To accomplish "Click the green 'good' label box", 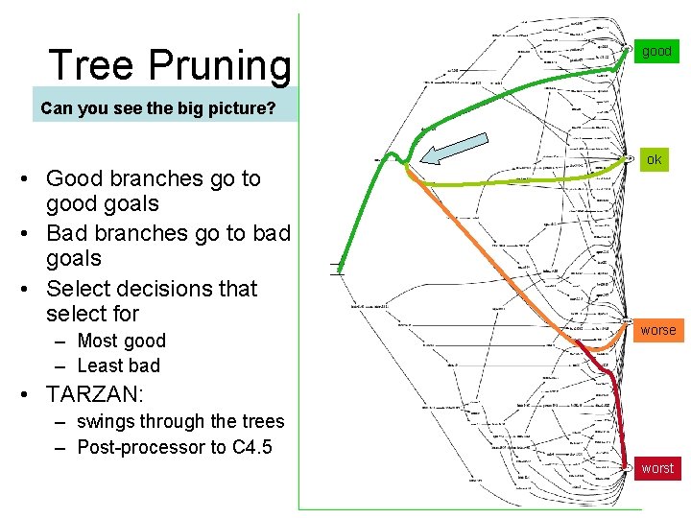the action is tap(656, 51).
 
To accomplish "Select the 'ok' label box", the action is tap(654, 159).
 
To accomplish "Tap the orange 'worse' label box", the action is tap(657, 330).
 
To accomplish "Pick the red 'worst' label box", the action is tap(657, 468).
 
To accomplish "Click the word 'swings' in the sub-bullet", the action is tap(106, 421).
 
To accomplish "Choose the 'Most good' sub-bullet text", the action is tap(121, 341).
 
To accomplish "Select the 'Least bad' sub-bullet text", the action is tap(118, 365).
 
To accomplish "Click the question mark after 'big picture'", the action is tap(271, 107).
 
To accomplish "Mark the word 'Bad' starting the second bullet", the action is tap(66, 233).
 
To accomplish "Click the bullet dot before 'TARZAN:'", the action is tap(31, 393).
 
